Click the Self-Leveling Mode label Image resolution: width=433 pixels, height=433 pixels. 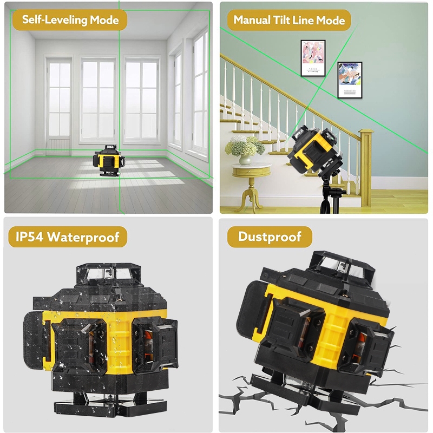(70, 20)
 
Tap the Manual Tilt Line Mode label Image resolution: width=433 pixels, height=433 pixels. (289, 20)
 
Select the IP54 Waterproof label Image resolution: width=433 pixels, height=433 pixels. (68, 237)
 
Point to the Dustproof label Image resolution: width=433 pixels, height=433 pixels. (270, 237)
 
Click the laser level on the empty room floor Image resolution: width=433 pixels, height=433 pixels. (109, 161)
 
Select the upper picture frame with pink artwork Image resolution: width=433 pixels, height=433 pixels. (313, 58)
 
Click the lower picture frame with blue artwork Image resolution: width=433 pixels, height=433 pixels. (350, 80)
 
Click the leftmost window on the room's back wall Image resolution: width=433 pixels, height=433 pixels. (59, 105)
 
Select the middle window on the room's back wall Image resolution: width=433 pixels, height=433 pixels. (98, 100)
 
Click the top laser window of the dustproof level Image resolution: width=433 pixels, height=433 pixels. (343, 265)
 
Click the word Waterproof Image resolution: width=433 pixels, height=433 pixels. (83, 237)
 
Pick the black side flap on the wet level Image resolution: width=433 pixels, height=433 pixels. (35, 341)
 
